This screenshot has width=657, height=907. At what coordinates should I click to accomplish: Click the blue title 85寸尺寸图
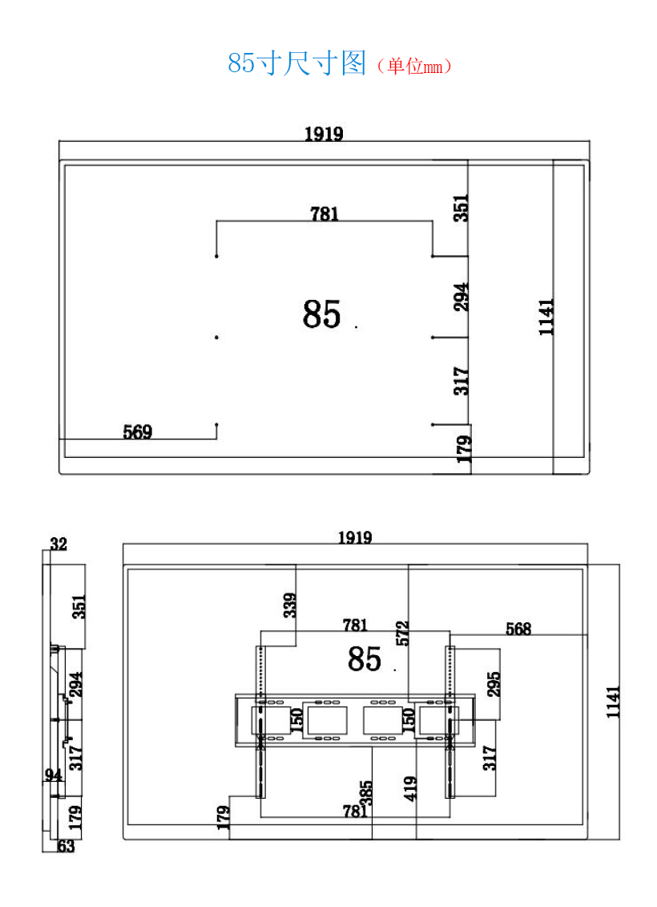click(297, 63)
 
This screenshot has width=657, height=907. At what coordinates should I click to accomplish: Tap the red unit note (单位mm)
click(414, 66)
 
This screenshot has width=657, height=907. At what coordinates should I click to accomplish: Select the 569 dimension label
click(138, 431)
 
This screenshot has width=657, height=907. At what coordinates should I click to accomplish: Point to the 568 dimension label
click(518, 629)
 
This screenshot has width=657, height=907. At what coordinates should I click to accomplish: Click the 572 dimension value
click(402, 634)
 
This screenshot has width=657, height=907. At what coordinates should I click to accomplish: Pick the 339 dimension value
click(290, 605)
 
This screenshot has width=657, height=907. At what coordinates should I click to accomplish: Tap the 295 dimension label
click(493, 684)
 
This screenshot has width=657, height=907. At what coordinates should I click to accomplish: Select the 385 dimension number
click(366, 792)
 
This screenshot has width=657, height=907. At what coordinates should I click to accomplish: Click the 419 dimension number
click(409, 788)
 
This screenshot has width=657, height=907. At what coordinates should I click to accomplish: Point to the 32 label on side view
click(58, 545)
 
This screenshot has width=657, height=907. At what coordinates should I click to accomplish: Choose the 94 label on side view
click(53, 775)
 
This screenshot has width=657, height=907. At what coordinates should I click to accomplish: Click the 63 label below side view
click(66, 846)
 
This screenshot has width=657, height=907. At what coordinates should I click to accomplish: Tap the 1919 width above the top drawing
click(324, 134)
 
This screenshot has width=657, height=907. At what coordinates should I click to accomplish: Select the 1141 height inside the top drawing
click(546, 317)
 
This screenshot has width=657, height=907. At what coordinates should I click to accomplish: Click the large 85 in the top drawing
click(322, 314)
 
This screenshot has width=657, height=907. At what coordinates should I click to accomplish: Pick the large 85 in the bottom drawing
click(364, 659)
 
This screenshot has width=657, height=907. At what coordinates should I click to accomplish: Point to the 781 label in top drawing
click(324, 214)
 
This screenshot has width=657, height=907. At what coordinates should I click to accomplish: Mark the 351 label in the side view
click(79, 606)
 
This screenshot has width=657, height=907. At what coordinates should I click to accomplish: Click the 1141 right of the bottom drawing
click(612, 703)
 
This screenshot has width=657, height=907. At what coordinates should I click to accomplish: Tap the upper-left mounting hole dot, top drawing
click(216, 256)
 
